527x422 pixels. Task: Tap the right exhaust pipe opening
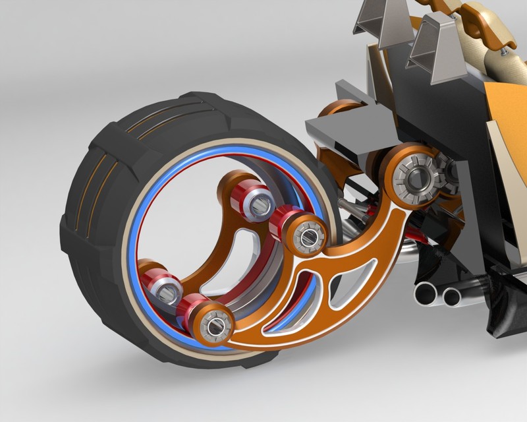pos(452,297)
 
